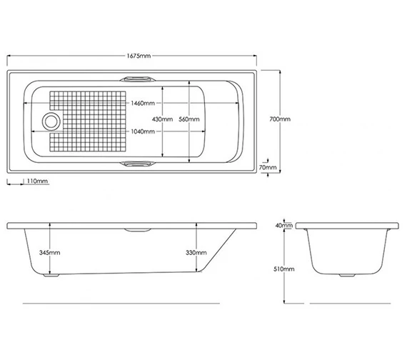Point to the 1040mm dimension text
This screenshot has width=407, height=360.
[x=144, y=131]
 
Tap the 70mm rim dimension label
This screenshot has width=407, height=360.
[x=268, y=166]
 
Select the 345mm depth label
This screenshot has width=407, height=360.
[x=50, y=253]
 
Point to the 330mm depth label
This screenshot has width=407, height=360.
[x=195, y=253]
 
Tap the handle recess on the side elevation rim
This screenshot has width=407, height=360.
[x=137, y=231]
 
